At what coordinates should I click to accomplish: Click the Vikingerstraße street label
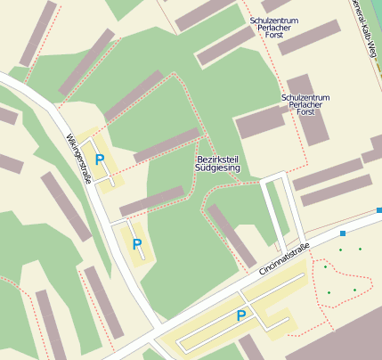(x=78, y=159)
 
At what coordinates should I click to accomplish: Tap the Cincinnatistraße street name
(x=279, y=258)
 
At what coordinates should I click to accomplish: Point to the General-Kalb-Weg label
(x=364, y=27)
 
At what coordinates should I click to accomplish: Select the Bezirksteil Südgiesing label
(x=217, y=163)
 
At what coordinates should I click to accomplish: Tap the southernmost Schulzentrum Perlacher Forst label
(x=305, y=105)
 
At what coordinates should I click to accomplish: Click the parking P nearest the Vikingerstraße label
(x=100, y=160)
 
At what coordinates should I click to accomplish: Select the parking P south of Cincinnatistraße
(x=240, y=315)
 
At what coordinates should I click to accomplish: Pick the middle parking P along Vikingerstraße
(x=136, y=243)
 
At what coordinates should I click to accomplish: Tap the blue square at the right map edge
(x=378, y=211)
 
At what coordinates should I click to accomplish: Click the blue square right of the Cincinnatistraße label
(x=343, y=233)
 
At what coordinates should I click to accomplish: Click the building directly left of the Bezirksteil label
(x=167, y=145)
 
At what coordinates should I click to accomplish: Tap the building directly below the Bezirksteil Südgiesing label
(x=232, y=234)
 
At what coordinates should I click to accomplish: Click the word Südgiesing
(x=217, y=168)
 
